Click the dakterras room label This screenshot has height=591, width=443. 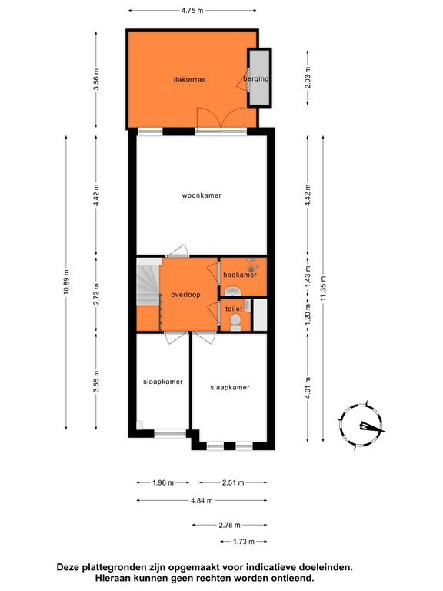[189, 80]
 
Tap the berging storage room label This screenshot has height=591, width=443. [256, 78]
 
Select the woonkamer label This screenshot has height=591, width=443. [202, 195]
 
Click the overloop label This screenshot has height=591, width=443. [185, 295]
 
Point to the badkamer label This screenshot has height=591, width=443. [240, 275]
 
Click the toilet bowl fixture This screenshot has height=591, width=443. [235, 322]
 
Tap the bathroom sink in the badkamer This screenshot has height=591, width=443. [234, 291]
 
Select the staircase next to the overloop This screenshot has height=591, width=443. [148, 281]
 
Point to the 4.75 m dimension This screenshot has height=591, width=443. [192, 11]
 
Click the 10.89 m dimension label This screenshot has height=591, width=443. [66, 282]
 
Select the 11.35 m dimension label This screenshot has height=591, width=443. [323, 288]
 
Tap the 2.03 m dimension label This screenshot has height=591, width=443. [308, 78]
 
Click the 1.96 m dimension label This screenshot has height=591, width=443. [163, 482]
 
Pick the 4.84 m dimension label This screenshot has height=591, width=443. [202, 500]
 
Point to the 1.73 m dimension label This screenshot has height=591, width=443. [244, 542]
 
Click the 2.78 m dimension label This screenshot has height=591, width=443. [230, 525]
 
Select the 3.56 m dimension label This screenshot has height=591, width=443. [96, 79]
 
